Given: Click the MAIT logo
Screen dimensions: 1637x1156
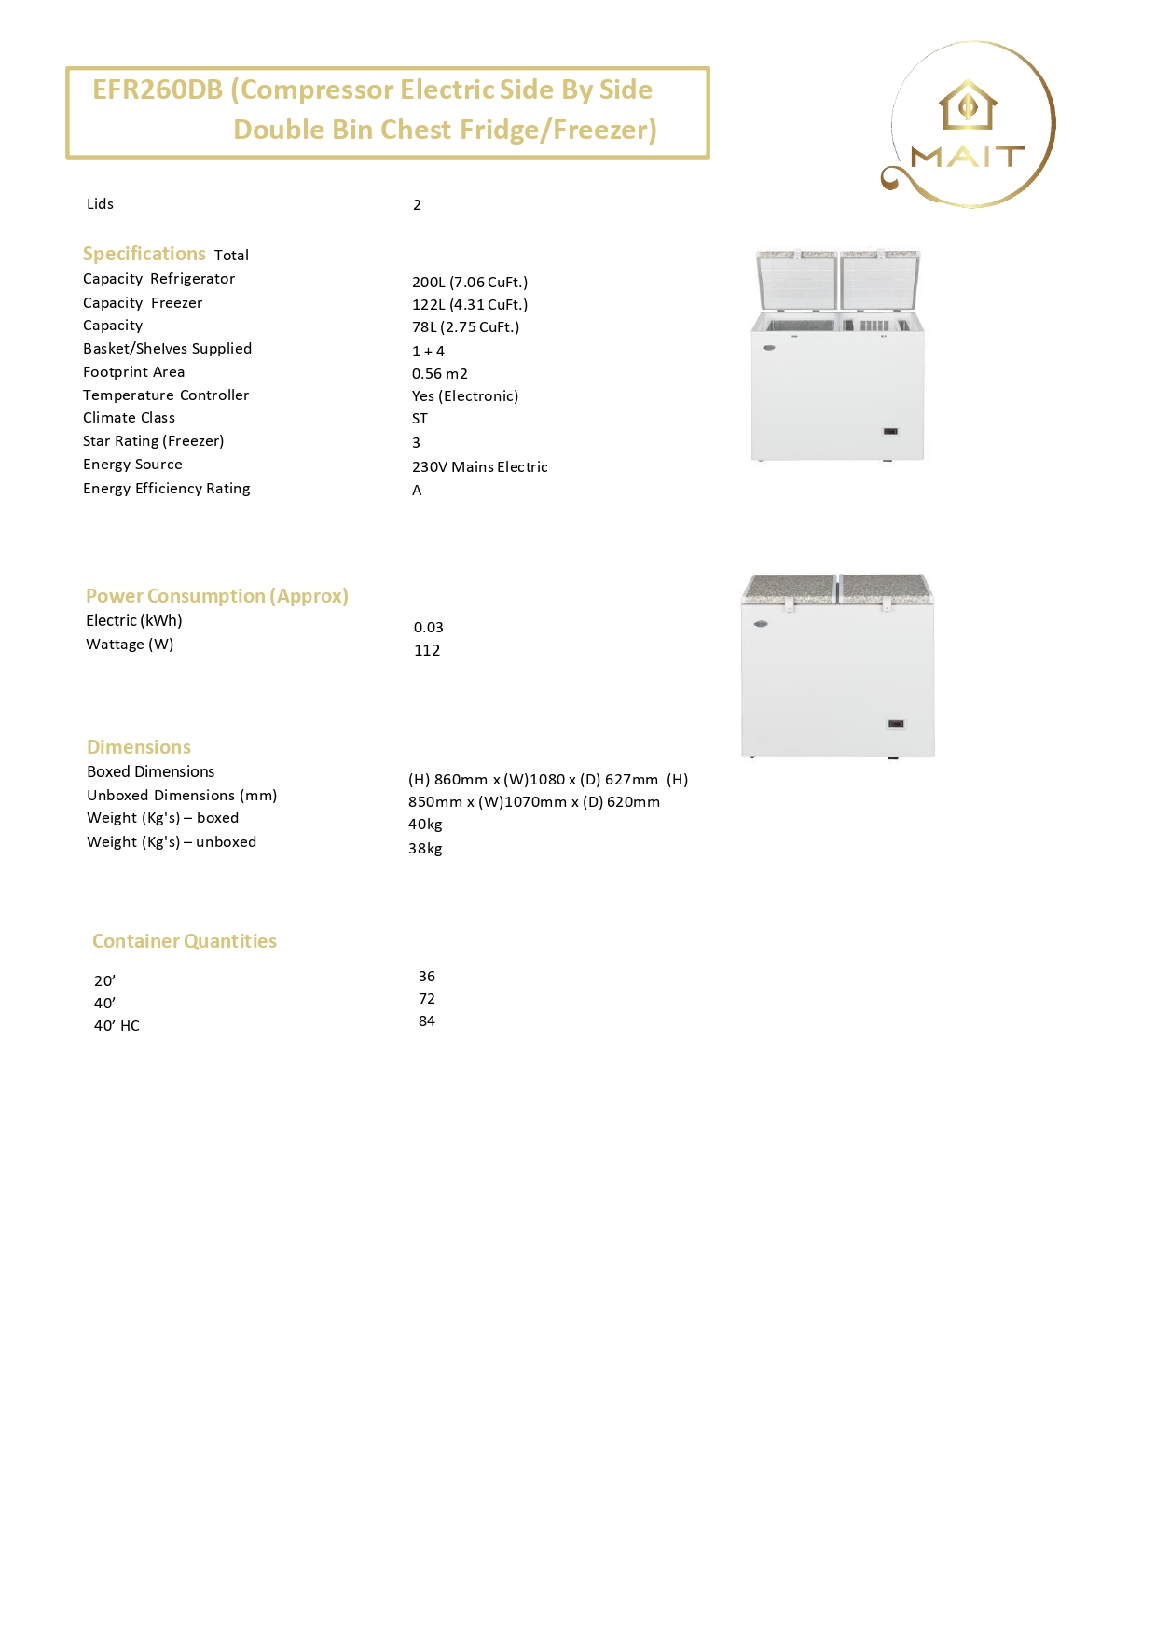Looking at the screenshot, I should click(969, 124).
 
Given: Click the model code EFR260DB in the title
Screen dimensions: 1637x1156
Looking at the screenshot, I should click(158, 90).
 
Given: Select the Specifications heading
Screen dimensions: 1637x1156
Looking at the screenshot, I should click(144, 254).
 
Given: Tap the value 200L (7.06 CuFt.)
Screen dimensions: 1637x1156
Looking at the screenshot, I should click(470, 282).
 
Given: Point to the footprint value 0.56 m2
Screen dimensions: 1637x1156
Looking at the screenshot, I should click(440, 373).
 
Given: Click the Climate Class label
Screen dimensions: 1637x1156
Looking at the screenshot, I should click(129, 418).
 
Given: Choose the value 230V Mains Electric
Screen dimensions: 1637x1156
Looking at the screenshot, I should click(480, 466).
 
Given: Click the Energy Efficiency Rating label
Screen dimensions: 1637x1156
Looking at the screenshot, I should click(167, 489).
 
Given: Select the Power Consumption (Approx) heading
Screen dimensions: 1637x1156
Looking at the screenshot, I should click(217, 596).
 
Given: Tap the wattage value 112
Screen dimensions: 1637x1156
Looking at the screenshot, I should click(427, 650).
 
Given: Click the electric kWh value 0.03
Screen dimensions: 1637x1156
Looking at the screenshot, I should click(429, 627).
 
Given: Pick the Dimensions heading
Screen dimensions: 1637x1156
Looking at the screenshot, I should click(139, 747).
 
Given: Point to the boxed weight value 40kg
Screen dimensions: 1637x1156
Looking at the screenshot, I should click(425, 825).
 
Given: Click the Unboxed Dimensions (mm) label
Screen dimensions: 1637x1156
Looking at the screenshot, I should click(182, 796).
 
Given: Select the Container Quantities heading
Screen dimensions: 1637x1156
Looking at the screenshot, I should click(185, 941).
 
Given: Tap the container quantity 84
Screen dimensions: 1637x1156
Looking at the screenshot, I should click(427, 1021).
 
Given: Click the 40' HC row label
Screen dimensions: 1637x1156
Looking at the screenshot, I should click(117, 1026).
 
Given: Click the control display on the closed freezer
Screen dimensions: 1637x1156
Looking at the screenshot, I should click(896, 724).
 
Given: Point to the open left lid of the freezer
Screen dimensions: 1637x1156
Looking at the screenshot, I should click(798, 279).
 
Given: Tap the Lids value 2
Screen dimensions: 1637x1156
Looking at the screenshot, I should click(418, 205).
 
